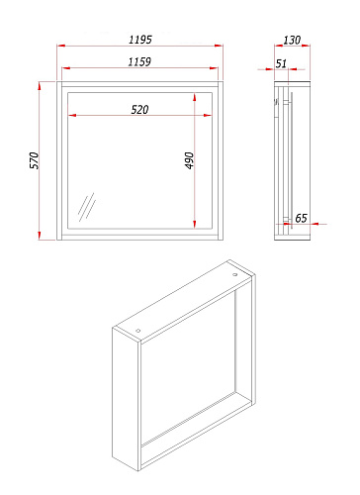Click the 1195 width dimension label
[x=140, y=40]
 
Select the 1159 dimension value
[x=139, y=61]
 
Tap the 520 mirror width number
[x=139, y=109]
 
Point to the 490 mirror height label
[x=189, y=160]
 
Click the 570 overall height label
[x=35, y=160]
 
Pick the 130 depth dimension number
[x=292, y=40]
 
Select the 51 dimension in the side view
[x=281, y=63]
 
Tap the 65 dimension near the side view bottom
[x=301, y=218]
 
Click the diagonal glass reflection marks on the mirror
[x=87, y=207]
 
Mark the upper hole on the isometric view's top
[x=235, y=274]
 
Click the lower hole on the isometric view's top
[x=138, y=331]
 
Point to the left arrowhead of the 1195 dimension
[x=61, y=46]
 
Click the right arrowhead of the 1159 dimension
[x=214, y=68]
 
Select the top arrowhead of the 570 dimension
[x=40, y=86]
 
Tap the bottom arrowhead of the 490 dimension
[x=195, y=224]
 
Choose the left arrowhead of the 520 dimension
[x=72, y=116]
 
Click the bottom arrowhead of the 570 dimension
[x=40, y=236]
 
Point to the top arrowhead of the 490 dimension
[x=195, y=97]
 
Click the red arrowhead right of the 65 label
[x=315, y=224]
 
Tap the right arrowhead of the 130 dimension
[x=306, y=46]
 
